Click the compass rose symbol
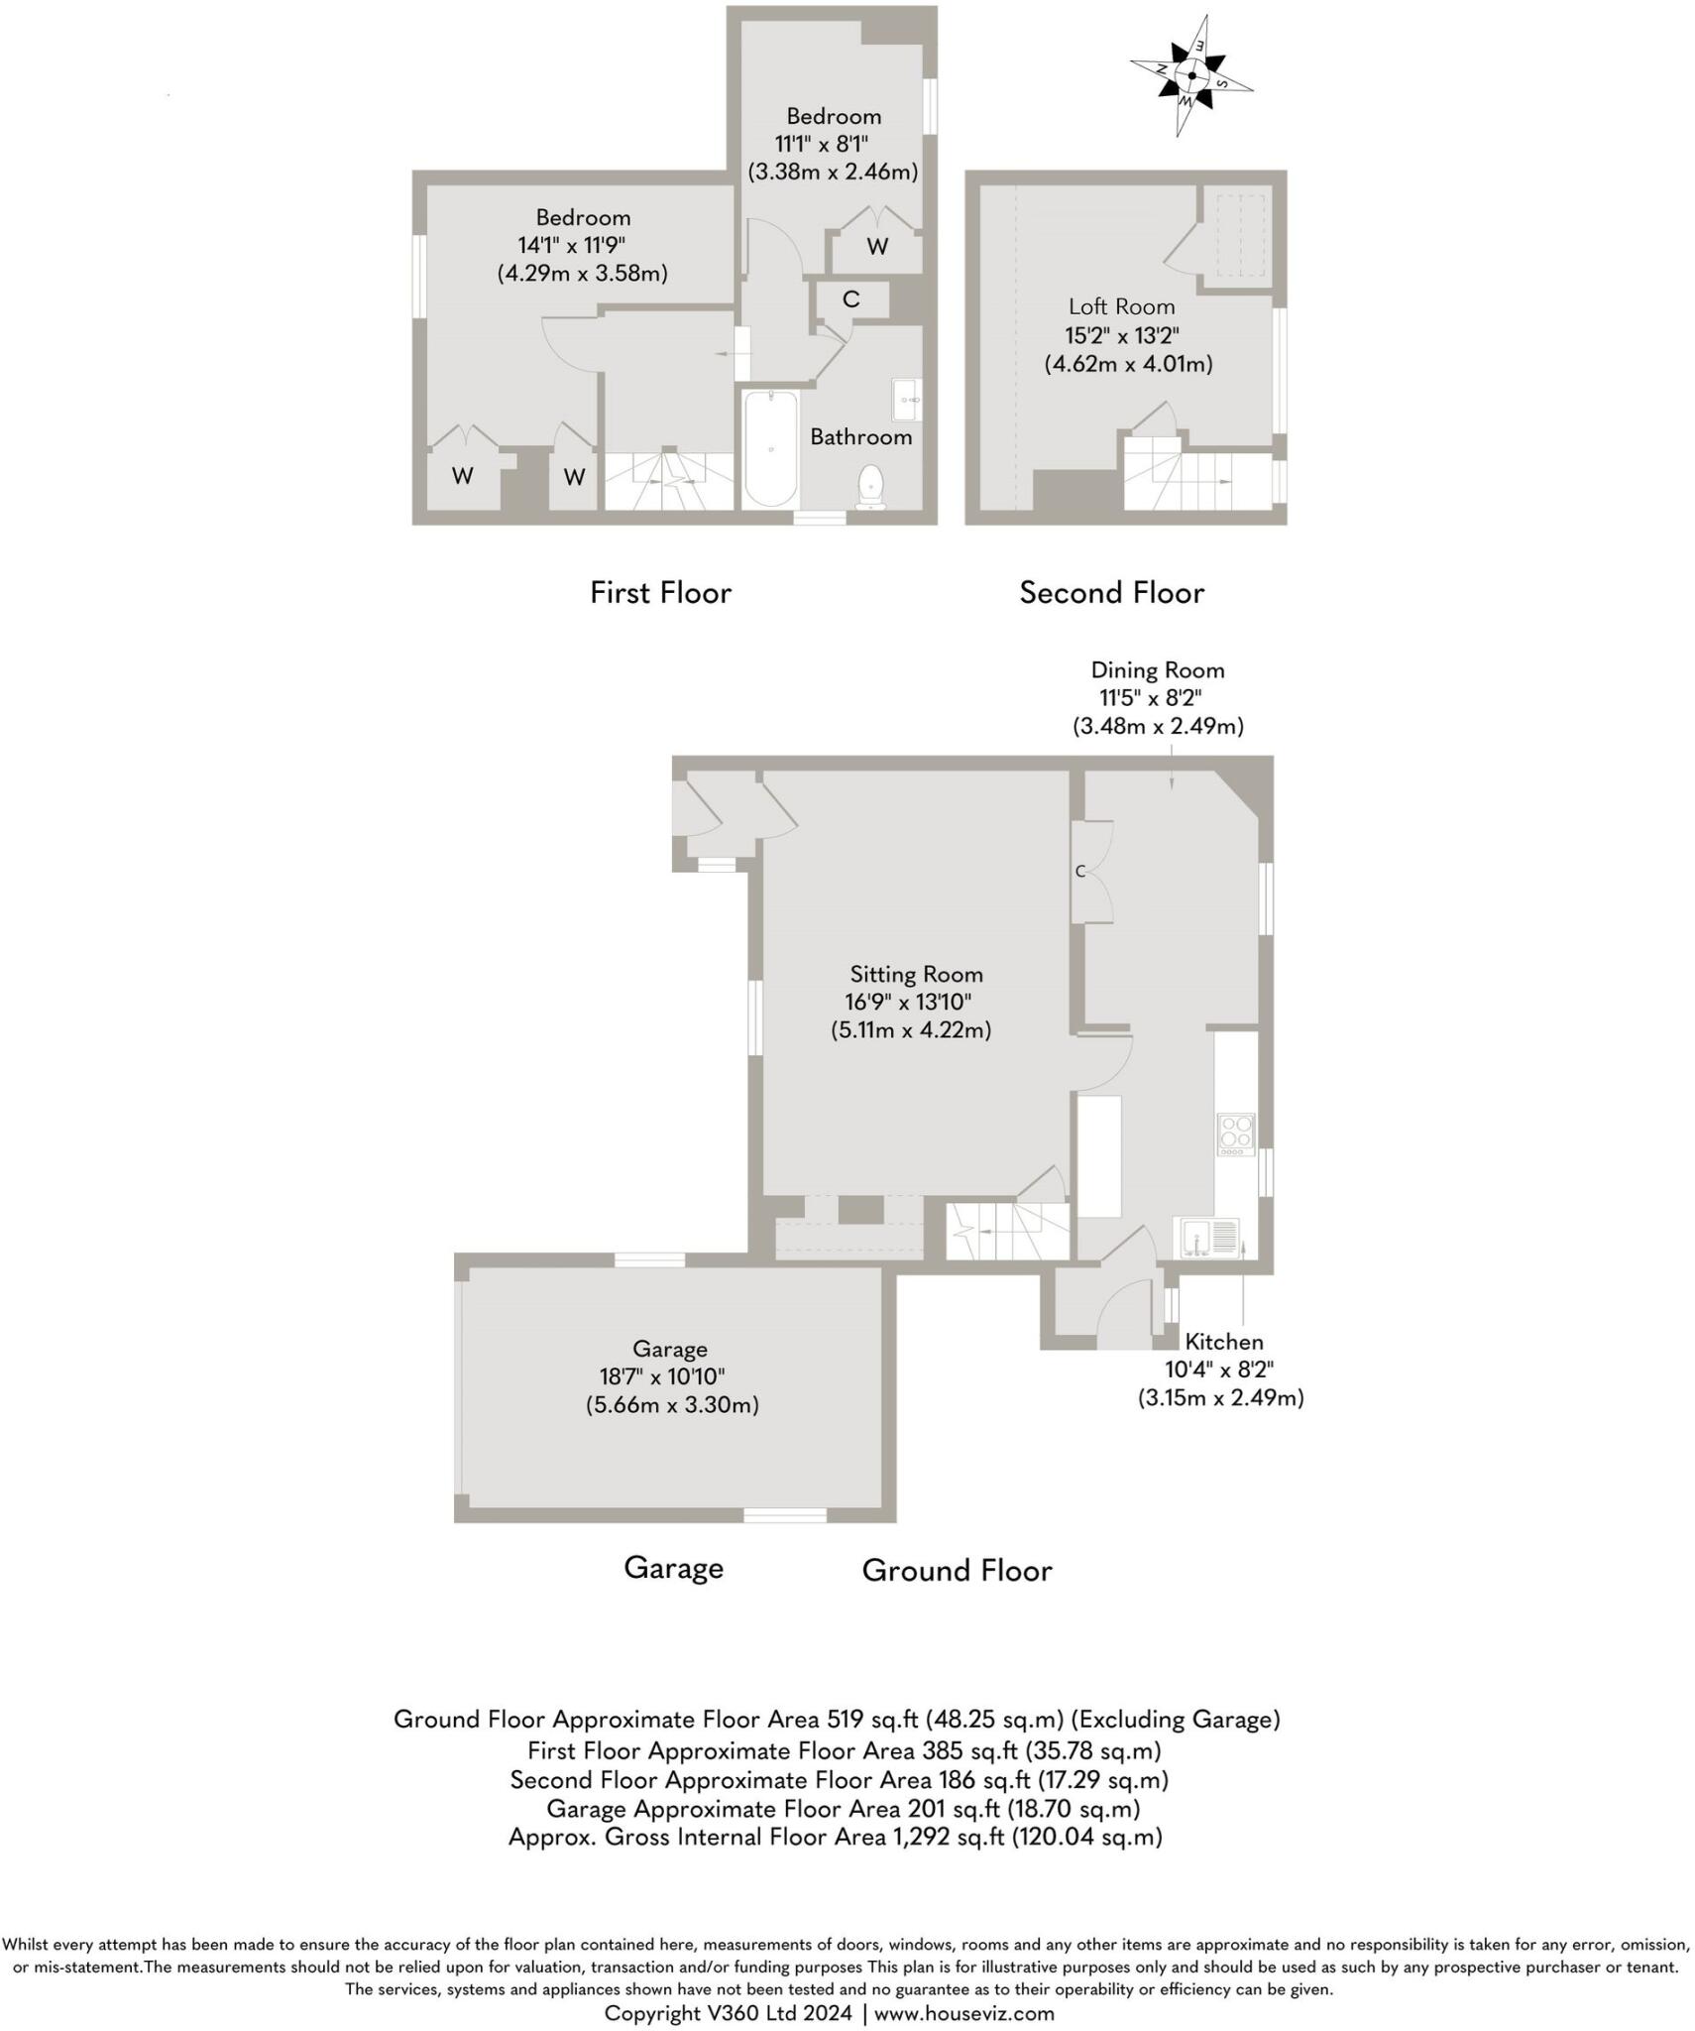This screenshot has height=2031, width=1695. pos(1190,75)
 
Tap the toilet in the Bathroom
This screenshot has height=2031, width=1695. pos(870,487)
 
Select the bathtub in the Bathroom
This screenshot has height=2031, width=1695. pos(770,448)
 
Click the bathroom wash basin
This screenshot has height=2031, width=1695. pos(906,400)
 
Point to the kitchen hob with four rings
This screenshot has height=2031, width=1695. pos(1235,1135)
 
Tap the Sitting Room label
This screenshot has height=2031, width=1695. pos(916,974)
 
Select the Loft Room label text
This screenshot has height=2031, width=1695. pos(1121,307)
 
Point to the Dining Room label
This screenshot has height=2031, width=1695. pos(1157,670)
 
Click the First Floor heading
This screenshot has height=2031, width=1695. pos(660,593)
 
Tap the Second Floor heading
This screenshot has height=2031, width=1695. pos(1111,593)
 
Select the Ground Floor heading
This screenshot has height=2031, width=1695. pos(957,1571)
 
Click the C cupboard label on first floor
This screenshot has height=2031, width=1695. pos(850,299)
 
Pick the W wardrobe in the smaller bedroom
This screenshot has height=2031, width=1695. pos(877,247)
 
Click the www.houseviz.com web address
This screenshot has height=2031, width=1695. pos(963,2013)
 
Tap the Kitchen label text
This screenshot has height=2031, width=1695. pos(1223,1342)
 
